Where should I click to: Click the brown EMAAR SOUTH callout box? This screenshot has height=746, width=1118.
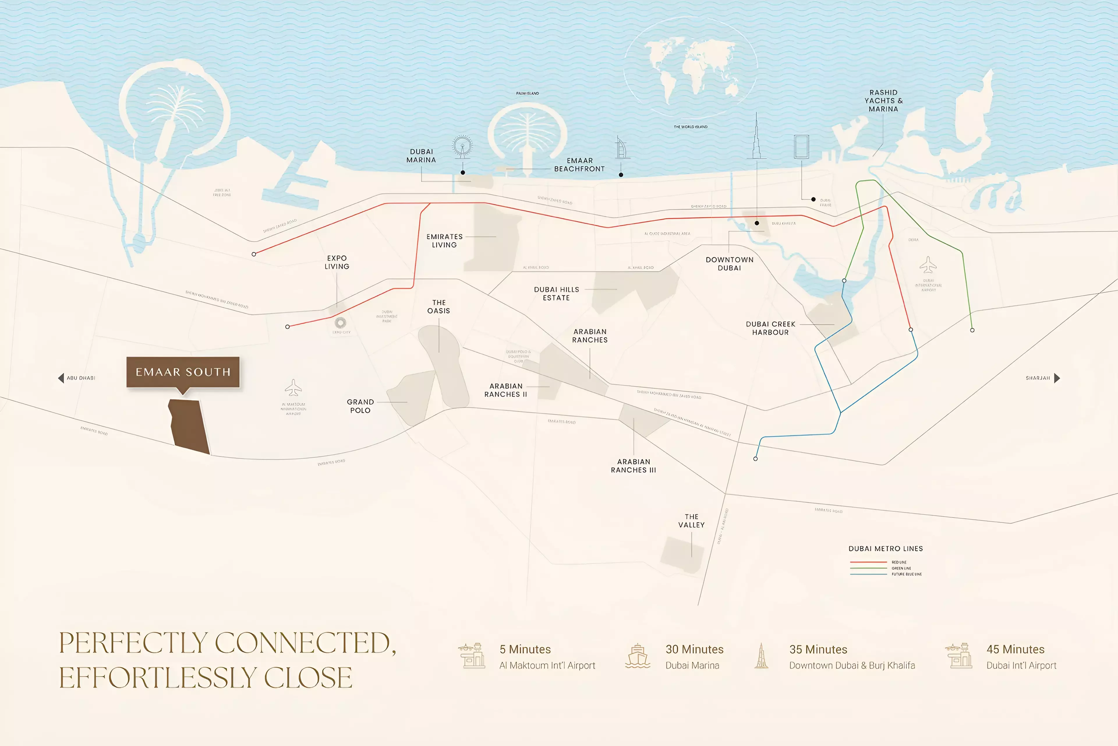(183, 372)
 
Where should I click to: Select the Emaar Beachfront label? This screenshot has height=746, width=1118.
(579, 165)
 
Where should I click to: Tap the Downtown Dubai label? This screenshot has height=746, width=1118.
(729, 263)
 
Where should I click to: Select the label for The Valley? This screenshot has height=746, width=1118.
(691, 520)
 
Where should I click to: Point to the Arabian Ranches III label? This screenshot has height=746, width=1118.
(633, 466)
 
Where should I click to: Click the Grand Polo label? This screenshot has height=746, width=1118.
(360, 406)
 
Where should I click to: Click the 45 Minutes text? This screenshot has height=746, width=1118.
(1015, 650)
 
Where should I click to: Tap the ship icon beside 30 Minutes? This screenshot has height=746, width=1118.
(637, 657)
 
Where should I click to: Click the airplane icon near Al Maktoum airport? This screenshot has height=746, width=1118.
(293, 388)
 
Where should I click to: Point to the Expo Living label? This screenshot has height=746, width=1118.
(337, 262)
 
